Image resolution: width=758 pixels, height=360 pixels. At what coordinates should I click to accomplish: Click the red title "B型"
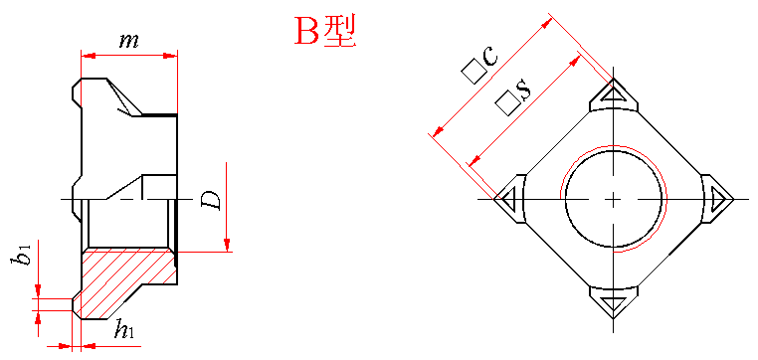[x=325, y=31]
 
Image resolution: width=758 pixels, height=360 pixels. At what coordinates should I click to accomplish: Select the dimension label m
[x=129, y=42]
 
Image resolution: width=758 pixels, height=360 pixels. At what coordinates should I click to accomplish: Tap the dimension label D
[x=211, y=200]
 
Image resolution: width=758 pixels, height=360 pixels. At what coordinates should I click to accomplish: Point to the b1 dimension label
[x=21, y=254]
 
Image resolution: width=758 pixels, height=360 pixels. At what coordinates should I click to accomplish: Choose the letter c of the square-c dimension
[x=489, y=56]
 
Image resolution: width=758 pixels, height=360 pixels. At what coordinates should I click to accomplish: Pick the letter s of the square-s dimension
[x=524, y=90]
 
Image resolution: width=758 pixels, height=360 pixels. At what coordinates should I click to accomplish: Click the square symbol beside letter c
[x=473, y=71]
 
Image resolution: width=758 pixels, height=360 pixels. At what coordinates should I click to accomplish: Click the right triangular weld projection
[x=717, y=199]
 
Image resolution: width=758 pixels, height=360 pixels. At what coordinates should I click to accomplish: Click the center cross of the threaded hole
[x=613, y=199]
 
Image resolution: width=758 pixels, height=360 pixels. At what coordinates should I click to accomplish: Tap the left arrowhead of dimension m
[x=88, y=56]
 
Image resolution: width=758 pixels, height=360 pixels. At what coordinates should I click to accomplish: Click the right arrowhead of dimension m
[x=171, y=56]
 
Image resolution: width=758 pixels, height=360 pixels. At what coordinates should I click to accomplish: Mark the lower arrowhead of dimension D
[x=226, y=245]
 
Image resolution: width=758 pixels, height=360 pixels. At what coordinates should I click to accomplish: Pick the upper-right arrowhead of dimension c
[x=547, y=23]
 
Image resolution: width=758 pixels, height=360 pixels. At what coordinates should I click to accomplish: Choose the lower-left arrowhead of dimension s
[x=475, y=159]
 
